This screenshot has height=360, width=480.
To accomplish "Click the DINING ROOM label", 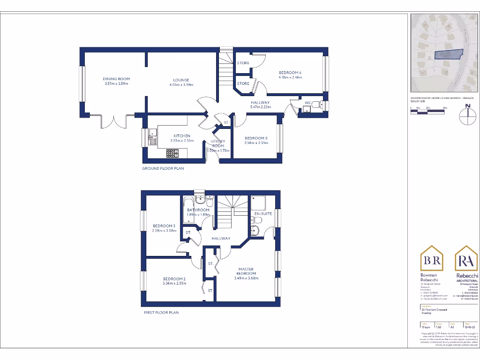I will click(x=116, y=79).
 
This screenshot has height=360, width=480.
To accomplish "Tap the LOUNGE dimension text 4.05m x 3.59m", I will click(x=181, y=85).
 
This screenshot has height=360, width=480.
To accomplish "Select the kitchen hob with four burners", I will click(x=172, y=153).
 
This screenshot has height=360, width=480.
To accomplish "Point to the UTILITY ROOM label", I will click(x=218, y=143).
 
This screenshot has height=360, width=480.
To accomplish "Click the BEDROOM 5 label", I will click(x=256, y=138).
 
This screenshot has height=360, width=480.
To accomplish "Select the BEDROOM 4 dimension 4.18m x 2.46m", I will click(x=290, y=77).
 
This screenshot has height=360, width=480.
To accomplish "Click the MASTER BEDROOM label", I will click(x=246, y=271).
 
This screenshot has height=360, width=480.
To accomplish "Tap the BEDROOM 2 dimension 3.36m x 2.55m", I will click(x=174, y=283).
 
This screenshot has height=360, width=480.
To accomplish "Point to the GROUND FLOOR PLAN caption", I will click(x=163, y=168).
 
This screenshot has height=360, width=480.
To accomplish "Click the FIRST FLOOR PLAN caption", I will click(x=161, y=312).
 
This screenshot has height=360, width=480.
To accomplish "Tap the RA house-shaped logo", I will click(x=467, y=259).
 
